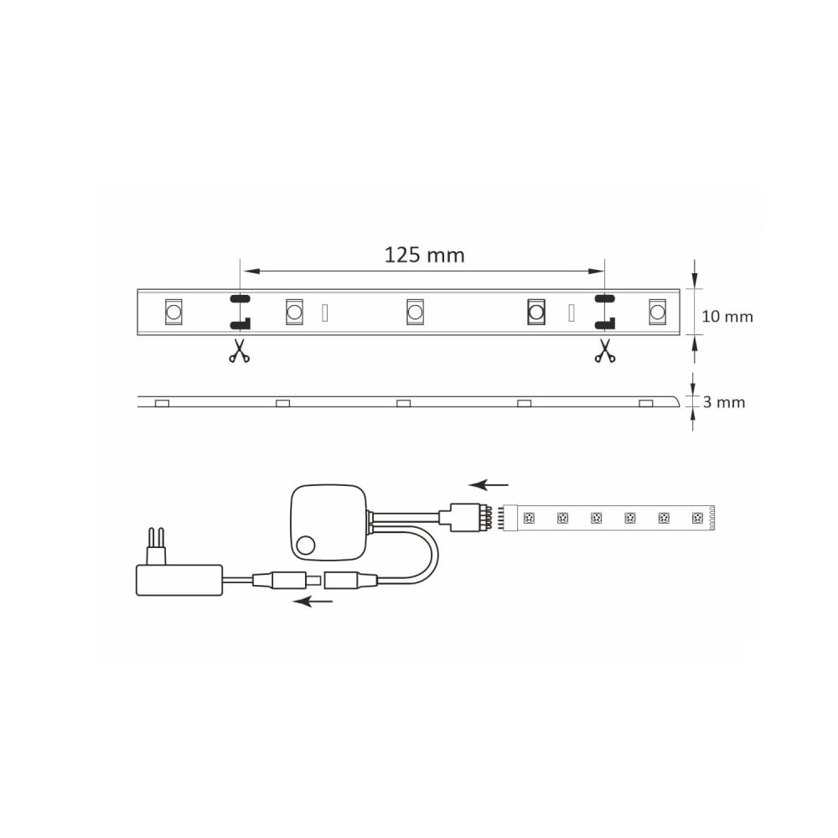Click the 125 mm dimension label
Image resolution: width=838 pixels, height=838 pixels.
point(424,255)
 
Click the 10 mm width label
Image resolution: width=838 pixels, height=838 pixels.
point(727,317)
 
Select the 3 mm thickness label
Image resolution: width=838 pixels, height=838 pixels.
point(724,402)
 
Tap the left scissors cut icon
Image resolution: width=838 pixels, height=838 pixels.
point(240,350)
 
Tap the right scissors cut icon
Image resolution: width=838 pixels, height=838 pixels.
point(604,350)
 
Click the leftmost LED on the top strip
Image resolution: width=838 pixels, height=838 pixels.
point(173,312)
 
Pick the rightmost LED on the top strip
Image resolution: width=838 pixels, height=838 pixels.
point(657,312)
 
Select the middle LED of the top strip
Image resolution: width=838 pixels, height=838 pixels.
point(415,312)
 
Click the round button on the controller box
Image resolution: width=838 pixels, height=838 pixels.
point(306,546)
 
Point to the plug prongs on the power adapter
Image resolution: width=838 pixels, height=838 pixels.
point(156,546)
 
